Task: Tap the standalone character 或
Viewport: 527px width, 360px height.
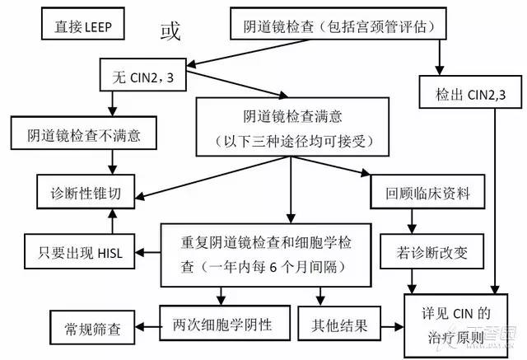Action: tap(170, 30)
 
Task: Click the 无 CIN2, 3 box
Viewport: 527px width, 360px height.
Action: tap(141, 80)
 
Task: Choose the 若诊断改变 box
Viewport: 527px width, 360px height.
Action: tap(420, 250)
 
